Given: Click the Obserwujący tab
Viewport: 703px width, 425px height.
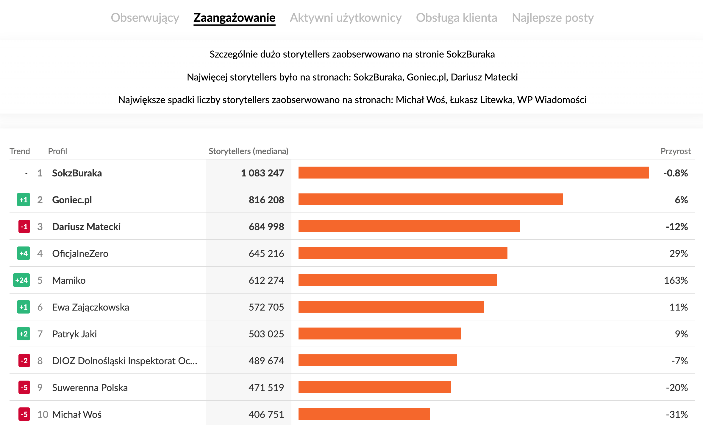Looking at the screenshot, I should (145, 18).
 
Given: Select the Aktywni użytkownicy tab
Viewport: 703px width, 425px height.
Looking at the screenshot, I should (346, 18).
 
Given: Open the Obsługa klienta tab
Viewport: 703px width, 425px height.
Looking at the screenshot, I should (457, 18).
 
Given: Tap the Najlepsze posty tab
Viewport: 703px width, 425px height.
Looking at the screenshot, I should (553, 18).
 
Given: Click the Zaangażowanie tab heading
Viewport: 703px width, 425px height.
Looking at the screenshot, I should (234, 18).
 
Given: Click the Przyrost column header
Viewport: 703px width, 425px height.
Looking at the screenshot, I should (675, 151).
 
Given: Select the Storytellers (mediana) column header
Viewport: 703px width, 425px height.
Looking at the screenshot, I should (248, 151).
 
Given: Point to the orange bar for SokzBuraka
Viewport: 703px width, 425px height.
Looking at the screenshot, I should (474, 173).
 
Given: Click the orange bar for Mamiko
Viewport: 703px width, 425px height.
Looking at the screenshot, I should (397, 280).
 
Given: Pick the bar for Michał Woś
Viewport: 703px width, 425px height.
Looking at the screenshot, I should (364, 414).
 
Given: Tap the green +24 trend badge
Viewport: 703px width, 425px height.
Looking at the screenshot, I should (21, 280).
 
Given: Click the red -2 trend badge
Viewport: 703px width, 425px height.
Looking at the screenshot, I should (24, 361).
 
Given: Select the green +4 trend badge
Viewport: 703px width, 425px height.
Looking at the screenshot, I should (24, 253).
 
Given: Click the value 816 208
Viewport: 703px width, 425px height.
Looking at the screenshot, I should (266, 200).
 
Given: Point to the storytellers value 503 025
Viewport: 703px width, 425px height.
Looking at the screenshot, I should (266, 334).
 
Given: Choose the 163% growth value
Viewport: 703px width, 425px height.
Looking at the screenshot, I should (676, 280).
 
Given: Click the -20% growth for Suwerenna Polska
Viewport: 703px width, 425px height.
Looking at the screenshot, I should (677, 387).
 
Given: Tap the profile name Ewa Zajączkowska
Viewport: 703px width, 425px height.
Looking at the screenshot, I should (90, 307).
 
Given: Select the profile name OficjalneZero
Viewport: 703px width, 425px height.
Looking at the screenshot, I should (80, 253).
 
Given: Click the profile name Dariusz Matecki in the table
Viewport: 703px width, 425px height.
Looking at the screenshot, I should (86, 227).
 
